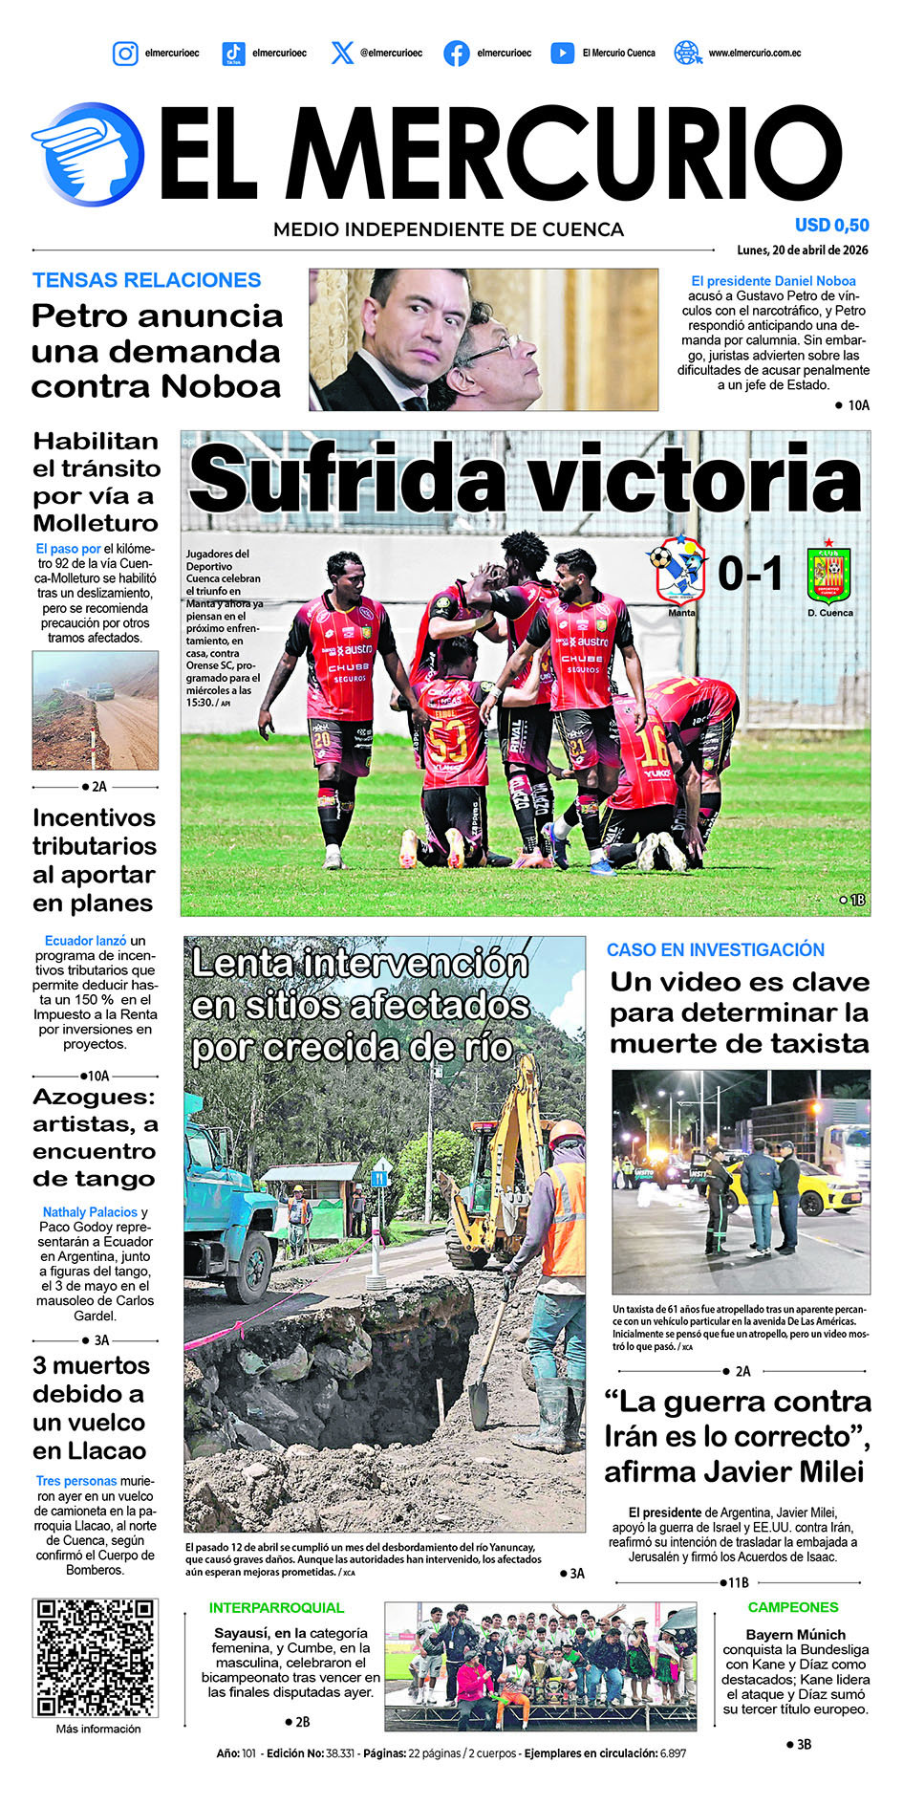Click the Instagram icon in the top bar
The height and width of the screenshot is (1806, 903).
pyautogui.click(x=125, y=54)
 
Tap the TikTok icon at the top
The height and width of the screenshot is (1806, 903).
pyautogui.click(x=233, y=54)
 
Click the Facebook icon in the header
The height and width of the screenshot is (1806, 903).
pyautogui.click(x=457, y=54)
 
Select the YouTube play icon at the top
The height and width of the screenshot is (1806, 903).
pyautogui.click(x=563, y=54)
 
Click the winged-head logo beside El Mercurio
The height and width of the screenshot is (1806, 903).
pyautogui.click(x=88, y=154)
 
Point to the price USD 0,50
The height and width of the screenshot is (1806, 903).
pyautogui.click(x=831, y=226)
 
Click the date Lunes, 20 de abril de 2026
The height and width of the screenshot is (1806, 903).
pyautogui.click(x=803, y=250)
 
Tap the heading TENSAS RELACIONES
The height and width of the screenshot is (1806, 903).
pyautogui.click(x=146, y=280)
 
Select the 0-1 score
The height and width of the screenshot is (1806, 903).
pyautogui.click(x=750, y=574)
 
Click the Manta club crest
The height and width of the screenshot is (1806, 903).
pyautogui.click(x=679, y=570)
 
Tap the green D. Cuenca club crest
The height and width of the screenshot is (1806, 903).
pyautogui.click(x=829, y=575)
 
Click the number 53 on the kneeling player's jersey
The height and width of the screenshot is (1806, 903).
pyautogui.click(x=447, y=738)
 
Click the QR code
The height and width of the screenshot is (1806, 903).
pyautogui.click(x=95, y=1657)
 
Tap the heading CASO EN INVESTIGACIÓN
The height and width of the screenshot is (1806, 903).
pyautogui.click(x=715, y=949)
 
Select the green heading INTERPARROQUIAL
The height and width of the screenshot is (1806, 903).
pyautogui.click(x=276, y=1608)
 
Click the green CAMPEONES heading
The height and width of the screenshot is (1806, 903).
pyautogui.click(x=793, y=1607)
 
